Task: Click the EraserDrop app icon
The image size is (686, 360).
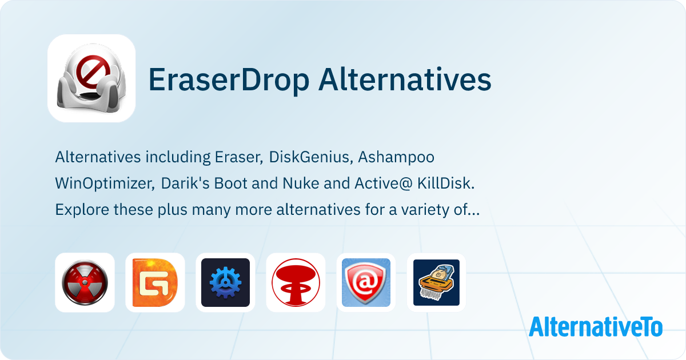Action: (91, 78)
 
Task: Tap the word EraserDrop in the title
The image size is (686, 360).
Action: (229, 80)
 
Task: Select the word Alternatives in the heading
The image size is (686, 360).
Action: (405, 79)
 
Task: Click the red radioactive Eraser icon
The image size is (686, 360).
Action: (85, 282)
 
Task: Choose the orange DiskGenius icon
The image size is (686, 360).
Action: (155, 282)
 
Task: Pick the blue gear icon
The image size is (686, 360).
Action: (225, 282)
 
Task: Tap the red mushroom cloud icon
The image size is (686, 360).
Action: (296, 282)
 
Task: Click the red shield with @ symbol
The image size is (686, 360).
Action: (366, 282)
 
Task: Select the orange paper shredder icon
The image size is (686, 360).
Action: (436, 282)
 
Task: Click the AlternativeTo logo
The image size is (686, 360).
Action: (596, 327)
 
